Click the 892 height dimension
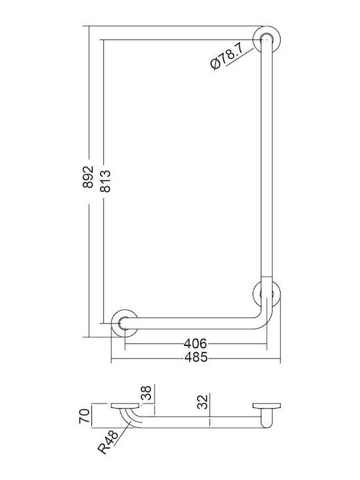(x=88, y=177)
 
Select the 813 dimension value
(x=105, y=181)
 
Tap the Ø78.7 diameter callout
(x=227, y=57)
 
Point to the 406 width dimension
(x=195, y=344)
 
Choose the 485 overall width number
(x=196, y=357)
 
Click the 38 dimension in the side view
(x=146, y=393)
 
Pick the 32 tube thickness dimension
(x=203, y=401)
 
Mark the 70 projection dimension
(x=85, y=416)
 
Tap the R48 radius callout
(x=108, y=442)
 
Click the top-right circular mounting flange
(x=267, y=39)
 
